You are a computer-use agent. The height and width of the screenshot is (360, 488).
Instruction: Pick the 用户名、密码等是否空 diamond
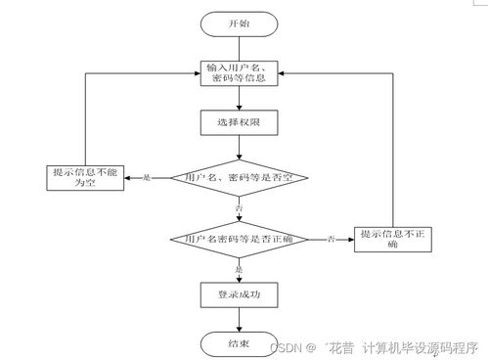240,178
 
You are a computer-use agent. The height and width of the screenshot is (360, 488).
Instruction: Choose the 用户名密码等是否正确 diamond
240,239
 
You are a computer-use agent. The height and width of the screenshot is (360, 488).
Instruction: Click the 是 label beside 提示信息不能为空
148,178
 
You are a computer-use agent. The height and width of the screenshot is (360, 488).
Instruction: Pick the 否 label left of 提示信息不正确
332,239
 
